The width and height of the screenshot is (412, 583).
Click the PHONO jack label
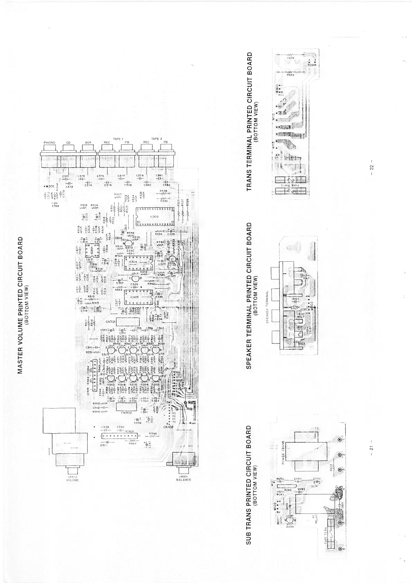tap(49, 143)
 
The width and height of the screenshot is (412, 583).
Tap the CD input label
tap(68, 143)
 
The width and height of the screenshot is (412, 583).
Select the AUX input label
tap(88, 143)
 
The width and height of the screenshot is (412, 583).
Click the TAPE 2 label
tap(156, 138)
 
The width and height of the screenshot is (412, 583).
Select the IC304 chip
tap(133, 262)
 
